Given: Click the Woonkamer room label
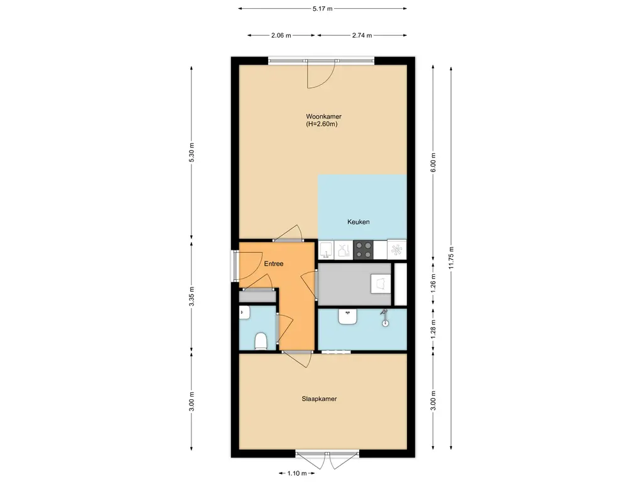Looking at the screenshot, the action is [x=323, y=116].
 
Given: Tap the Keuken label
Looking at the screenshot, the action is [x=359, y=222].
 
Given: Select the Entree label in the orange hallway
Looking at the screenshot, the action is [x=274, y=264].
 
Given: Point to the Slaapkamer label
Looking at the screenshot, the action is [x=319, y=399].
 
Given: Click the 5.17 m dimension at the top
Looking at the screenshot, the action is [x=322, y=8].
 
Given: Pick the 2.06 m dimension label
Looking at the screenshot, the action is [x=281, y=35].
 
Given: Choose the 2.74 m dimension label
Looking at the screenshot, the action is [x=362, y=35].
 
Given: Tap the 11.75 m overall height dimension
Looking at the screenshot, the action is [x=451, y=258].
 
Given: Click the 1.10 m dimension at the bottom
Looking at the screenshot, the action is [x=297, y=473].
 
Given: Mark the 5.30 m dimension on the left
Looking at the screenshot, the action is [x=192, y=153].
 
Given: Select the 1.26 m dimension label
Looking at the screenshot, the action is [x=433, y=282].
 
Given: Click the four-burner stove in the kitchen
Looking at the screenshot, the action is [x=364, y=250].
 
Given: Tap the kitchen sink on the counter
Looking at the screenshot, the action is [x=327, y=250].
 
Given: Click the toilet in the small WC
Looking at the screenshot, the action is [x=261, y=341].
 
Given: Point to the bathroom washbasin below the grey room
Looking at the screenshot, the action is [x=348, y=316].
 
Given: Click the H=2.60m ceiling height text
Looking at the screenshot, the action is [x=321, y=124].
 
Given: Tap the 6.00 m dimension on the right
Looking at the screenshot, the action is [x=433, y=163].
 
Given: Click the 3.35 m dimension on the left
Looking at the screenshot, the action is [x=192, y=296].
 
